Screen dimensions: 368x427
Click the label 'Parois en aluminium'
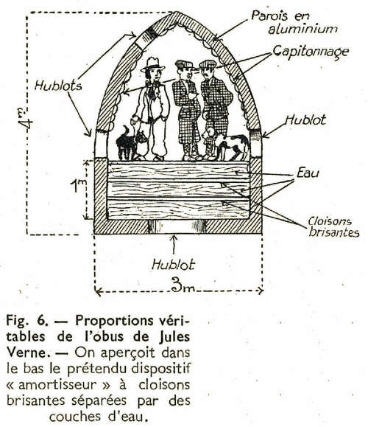tap(294, 22)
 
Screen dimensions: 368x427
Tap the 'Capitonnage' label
tap(311, 52)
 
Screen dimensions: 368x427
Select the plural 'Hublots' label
tap(58, 86)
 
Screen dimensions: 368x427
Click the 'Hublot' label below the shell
tap(174, 265)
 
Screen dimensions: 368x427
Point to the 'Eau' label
tap(308, 173)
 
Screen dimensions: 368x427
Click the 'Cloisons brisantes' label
tap(333, 227)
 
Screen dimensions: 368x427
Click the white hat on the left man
tap(152, 64)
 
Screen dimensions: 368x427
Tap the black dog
tap(132, 142)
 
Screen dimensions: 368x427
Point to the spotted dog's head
tap(210, 133)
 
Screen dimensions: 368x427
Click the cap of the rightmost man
tap(208, 64)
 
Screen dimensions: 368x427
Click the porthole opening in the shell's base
tap(177, 226)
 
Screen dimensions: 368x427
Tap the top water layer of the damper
tap(179, 170)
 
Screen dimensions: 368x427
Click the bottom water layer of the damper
tap(179, 209)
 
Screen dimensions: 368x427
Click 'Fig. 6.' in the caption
tap(27, 321)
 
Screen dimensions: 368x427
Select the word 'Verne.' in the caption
tap(26, 353)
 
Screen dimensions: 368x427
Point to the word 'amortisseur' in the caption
tap(57, 384)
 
